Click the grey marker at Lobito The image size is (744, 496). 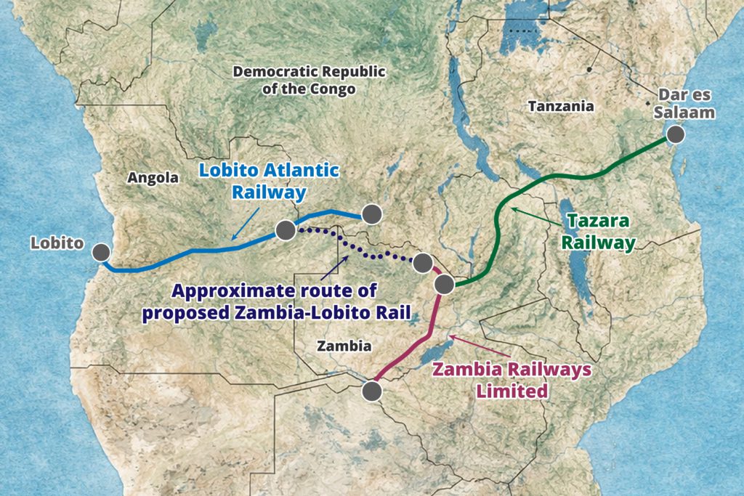coord(101,252)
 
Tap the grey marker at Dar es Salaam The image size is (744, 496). coord(676,134)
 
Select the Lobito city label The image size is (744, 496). coord(57,243)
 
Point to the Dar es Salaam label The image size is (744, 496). coord(685,103)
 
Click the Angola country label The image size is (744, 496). coord(153,177)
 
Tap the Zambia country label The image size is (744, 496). coord(344,346)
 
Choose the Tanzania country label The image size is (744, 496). coord(561,106)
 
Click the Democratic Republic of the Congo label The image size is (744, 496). coord(309,80)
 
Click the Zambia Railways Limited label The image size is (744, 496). coord(511,379)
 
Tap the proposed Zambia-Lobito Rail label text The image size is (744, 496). coord(275,302)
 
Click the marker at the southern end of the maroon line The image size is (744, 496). coord(372,391)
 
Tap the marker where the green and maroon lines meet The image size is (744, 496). coord(444,283)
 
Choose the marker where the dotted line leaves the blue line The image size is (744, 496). coord(285,230)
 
